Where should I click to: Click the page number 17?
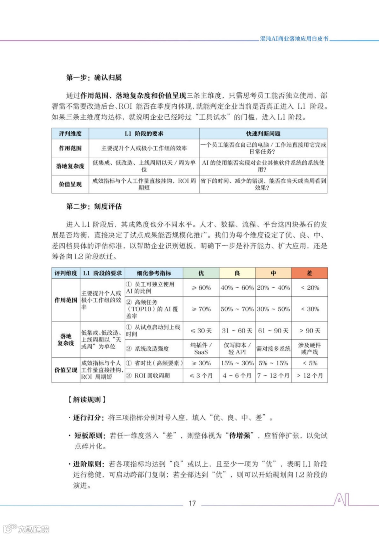(192, 503)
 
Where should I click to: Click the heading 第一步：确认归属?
(94, 78)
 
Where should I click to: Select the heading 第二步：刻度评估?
(94, 206)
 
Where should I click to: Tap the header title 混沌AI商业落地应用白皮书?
(294, 39)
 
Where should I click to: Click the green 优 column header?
(201, 273)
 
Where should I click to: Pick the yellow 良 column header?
(237, 273)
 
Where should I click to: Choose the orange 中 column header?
(273, 273)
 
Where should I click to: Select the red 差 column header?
(310, 273)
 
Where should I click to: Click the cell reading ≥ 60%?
(201, 288)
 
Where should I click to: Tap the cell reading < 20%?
(310, 288)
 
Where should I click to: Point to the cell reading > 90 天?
(310, 331)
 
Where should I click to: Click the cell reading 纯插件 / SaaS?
(201, 349)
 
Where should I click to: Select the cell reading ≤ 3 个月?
(201, 376)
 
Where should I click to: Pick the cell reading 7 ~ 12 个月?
(273, 376)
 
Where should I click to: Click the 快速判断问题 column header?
(263, 134)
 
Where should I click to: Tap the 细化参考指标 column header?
(154, 273)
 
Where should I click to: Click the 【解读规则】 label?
(87, 399)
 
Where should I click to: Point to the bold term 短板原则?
(88, 436)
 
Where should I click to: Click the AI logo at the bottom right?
(341, 499)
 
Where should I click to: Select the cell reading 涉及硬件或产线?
(310, 349)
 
